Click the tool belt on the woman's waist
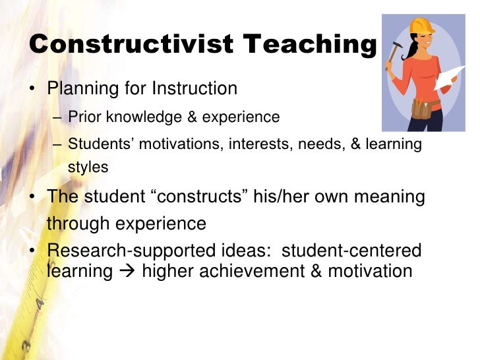[x=422, y=107]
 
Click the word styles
[x=88, y=167]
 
